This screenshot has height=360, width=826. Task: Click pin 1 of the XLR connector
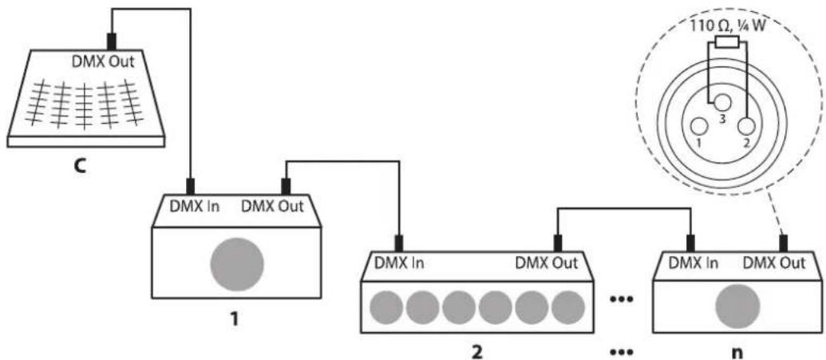700,126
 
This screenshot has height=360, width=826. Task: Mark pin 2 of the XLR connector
745,126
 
